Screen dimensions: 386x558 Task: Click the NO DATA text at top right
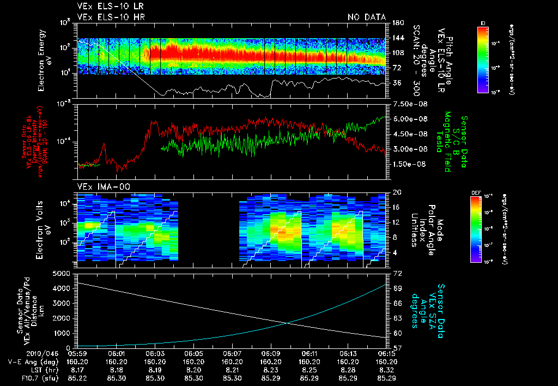367,17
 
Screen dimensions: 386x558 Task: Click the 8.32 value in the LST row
386,369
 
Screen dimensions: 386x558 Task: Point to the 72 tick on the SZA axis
396,273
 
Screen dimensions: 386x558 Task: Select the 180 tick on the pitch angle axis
397,23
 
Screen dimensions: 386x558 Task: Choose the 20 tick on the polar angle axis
396,192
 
